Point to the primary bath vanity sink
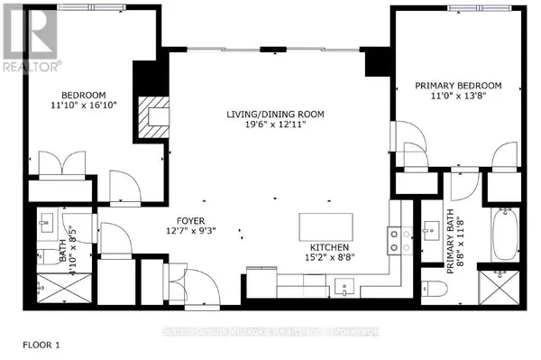[x=427, y=225]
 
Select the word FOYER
[x=190, y=220]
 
